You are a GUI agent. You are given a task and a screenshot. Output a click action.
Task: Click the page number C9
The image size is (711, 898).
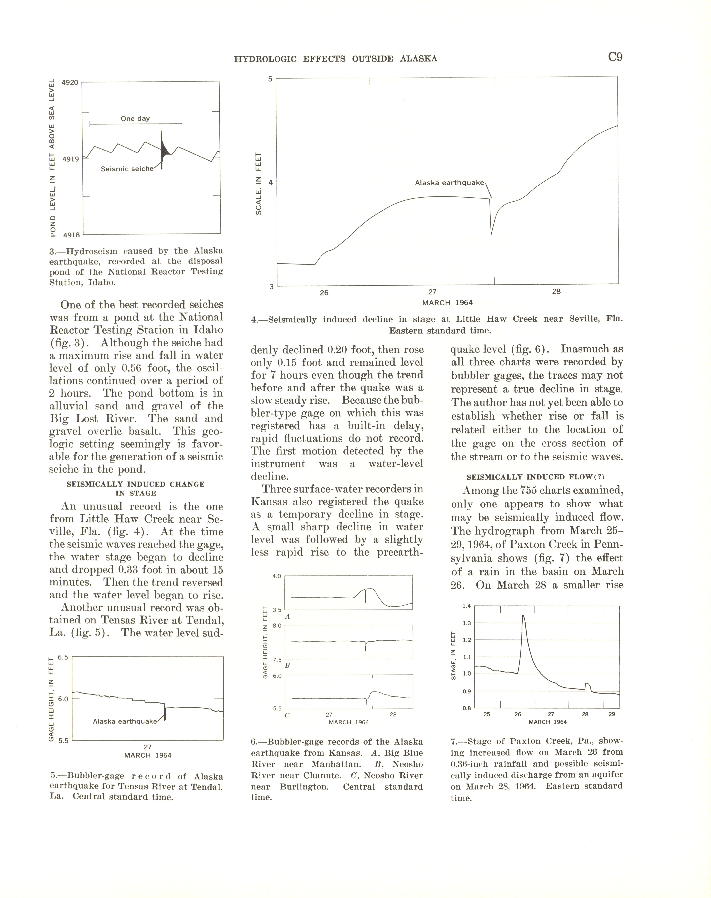[x=615, y=57]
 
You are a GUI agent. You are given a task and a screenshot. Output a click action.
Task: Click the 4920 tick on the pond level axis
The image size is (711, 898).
[x=70, y=82]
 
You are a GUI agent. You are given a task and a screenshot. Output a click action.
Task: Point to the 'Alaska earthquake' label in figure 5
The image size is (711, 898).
[x=124, y=721]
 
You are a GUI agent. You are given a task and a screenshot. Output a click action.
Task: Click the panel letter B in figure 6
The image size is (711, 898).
[x=287, y=666]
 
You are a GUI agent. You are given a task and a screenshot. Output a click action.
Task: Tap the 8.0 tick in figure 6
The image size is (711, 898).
[x=277, y=626]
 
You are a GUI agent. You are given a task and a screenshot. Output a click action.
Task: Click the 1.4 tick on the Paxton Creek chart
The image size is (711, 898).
[x=467, y=606]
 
